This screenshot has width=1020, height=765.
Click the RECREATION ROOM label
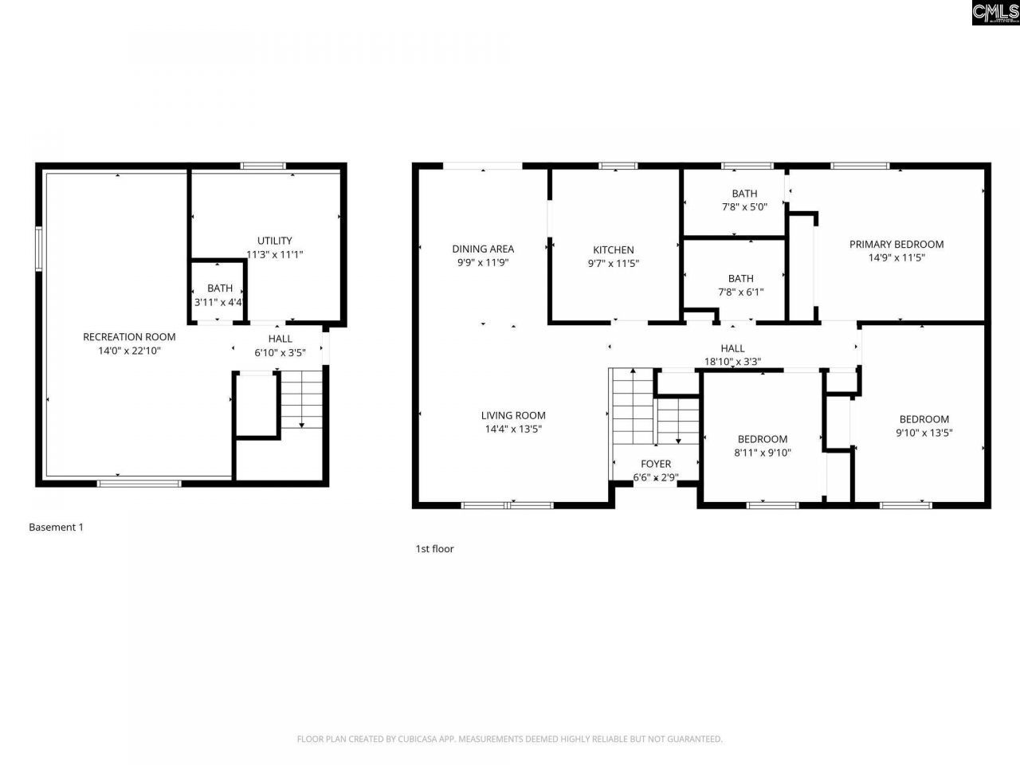pos(129,337)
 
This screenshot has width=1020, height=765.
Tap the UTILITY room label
pos(274,241)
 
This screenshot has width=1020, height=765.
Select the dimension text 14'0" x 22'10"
pos(129,351)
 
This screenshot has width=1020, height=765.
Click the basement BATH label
pos(220,288)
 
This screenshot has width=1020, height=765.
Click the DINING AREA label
pos(483,249)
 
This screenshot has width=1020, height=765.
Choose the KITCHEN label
pos(614,249)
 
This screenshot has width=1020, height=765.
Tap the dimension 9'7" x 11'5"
pos(614,263)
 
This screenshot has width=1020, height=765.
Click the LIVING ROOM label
pos(513,415)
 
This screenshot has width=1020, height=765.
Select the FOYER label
pos(656,464)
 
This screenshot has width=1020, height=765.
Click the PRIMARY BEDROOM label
pos(896,244)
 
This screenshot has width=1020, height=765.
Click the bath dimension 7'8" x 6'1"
pos(741,292)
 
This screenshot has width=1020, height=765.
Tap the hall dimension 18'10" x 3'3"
pos(732,362)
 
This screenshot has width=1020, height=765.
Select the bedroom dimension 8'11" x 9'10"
pos(763,453)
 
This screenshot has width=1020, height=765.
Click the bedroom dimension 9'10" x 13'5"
pos(924,433)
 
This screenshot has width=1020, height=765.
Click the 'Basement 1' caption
pos(56,527)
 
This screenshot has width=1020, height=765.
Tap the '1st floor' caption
pos(434,548)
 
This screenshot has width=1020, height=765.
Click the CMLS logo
pos(995,13)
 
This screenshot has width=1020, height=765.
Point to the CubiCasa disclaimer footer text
pos(510,739)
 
